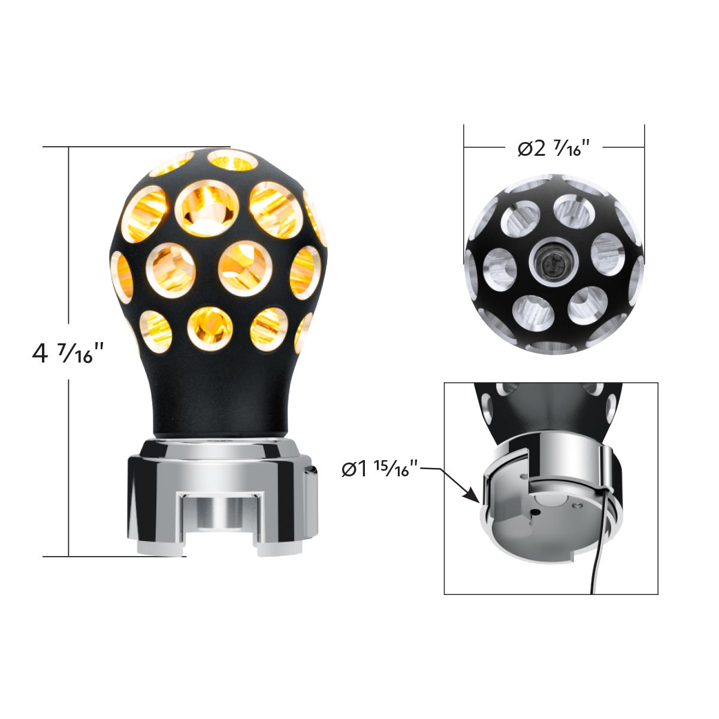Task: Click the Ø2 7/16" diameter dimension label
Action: [553, 147]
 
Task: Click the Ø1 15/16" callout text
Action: [379, 469]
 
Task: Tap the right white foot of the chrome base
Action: [279, 546]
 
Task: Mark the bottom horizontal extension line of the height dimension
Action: [114, 557]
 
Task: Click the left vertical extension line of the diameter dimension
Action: [464, 180]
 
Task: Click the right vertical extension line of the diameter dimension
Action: [644, 180]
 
